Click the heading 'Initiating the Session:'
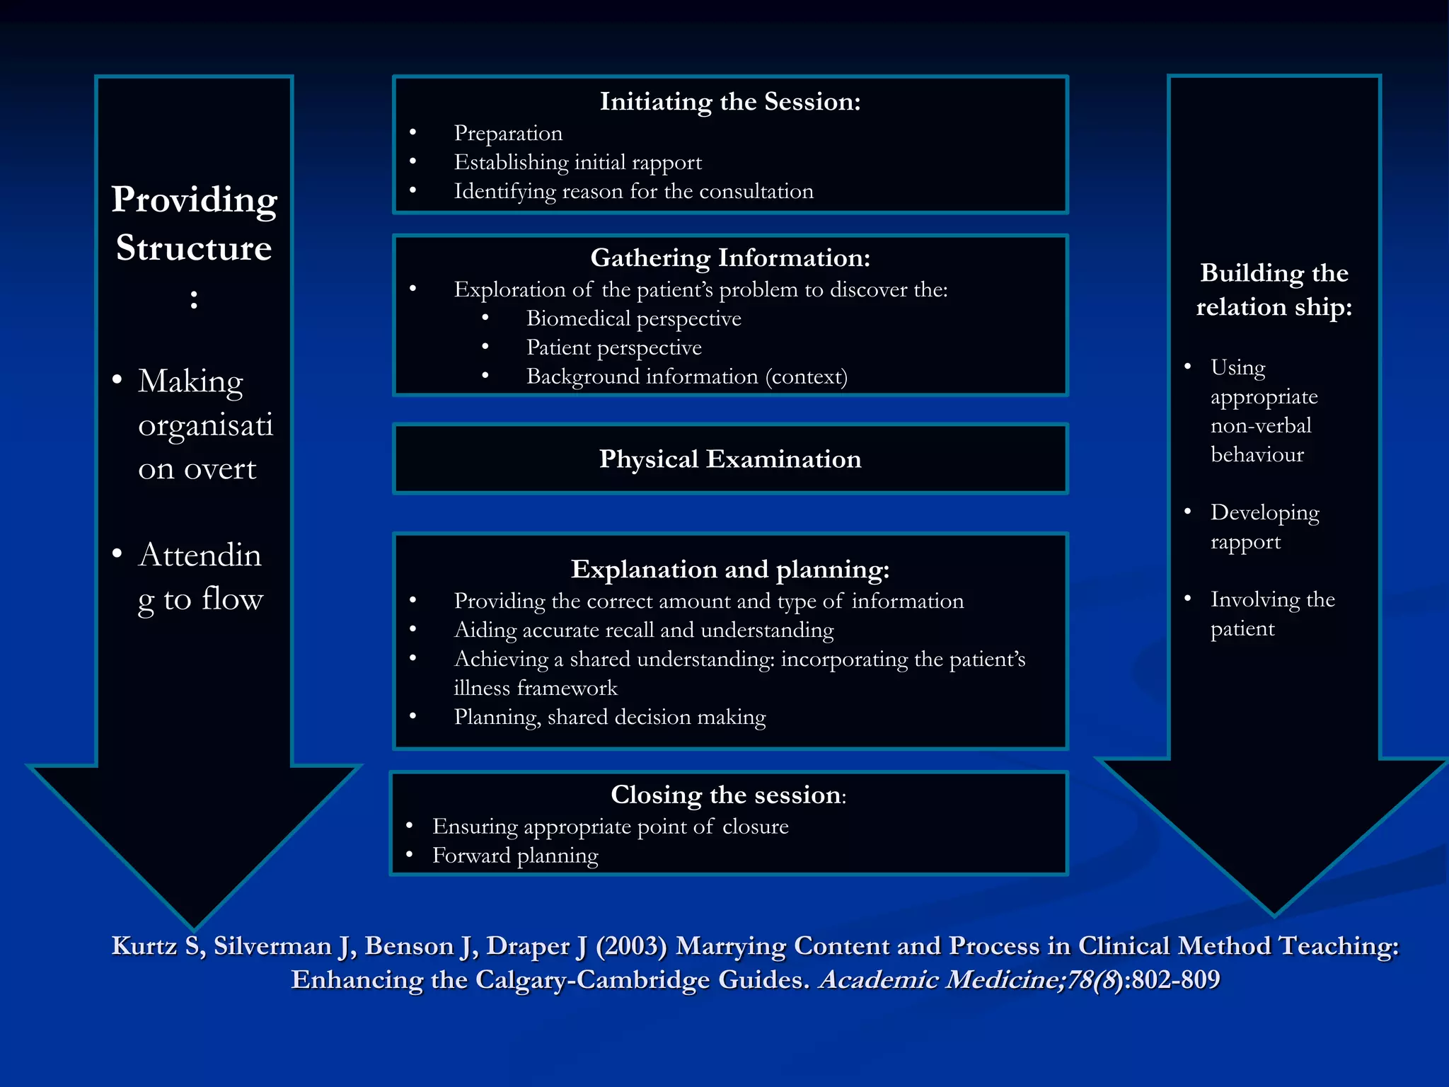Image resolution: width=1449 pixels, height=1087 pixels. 730,102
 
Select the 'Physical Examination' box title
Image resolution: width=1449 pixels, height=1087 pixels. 730,459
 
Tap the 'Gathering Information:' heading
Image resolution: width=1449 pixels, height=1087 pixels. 730,258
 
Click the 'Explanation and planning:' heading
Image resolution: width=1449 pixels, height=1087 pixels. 730,570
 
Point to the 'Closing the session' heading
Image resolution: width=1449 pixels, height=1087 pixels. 727,795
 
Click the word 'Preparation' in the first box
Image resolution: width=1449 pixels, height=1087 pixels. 508,134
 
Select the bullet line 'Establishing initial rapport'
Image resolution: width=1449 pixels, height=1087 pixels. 577,163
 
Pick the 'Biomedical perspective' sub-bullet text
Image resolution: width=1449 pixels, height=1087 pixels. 633,319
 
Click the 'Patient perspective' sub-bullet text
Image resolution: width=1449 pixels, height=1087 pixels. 613,348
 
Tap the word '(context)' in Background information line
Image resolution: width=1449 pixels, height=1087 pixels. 806,377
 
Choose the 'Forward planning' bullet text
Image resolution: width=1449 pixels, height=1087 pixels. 515,856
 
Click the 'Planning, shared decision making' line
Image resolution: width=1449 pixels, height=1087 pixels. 609,718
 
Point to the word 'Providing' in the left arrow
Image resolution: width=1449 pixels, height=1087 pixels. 195,200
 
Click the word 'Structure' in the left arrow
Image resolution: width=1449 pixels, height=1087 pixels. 194,248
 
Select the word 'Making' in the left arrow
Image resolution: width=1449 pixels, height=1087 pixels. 190,381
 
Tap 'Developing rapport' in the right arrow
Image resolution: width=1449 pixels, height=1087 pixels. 1264,527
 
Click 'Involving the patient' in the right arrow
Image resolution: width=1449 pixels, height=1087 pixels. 1272,614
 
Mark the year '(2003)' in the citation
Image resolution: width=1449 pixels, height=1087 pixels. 631,947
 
